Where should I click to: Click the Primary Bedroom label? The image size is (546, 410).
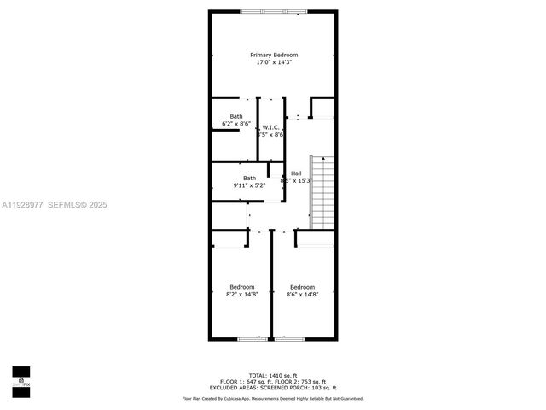click(x=274, y=55)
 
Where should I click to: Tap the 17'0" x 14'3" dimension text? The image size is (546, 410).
click(x=274, y=62)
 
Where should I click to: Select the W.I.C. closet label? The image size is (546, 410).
click(x=270, y=127)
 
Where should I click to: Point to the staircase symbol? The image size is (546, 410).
click(x=322, y=193)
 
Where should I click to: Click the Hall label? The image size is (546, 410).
click(x=295, y=173)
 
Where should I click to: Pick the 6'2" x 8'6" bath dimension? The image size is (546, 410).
click(x=235, y=124)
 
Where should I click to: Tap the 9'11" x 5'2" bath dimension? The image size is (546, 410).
click(x=249, y=185)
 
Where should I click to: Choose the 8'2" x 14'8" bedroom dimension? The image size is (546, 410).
click(x=241, y=294)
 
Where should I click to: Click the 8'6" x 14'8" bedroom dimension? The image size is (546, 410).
click(x=302, y=294)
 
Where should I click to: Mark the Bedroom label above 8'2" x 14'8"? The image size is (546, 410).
click(x=241, y=286)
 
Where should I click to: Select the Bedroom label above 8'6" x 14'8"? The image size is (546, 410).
click(x=302, y=286)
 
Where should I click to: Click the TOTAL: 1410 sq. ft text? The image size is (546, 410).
click(x=273, y=375)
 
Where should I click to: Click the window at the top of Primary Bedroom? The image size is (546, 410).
click(x=274, y=11)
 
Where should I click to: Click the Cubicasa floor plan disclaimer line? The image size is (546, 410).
click(x=273, y=398)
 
